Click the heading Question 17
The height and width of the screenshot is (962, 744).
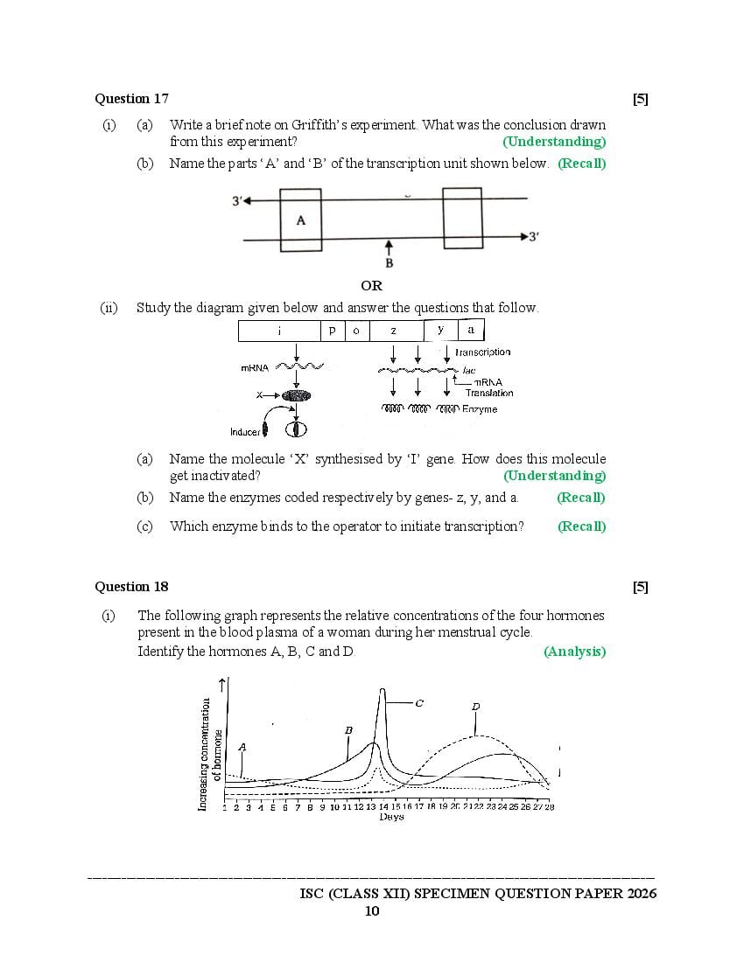click(x=131, y=99)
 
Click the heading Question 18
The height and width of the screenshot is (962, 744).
click(x=131, y=587)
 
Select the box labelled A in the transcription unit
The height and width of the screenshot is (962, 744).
click(x=301, y=220)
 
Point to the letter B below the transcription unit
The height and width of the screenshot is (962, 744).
click(x=390, y=263)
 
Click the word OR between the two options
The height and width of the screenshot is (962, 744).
click(x=371, y=286)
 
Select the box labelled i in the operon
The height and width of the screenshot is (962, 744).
click(x=279, y=331)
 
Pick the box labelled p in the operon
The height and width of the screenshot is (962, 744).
click(x=333, y=331)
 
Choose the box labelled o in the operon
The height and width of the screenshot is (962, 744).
click(x=356, y=331)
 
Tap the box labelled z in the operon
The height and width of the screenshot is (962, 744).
click(x=395, y=331)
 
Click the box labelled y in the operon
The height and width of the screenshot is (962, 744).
click(x=440, y=330)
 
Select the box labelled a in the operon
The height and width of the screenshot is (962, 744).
click(x=471, y=330)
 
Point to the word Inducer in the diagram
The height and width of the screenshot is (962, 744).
click(x=245, y=432)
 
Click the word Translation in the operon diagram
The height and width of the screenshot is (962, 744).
click(x=489, y=394)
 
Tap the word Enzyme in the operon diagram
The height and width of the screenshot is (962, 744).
click(x=480, y=409)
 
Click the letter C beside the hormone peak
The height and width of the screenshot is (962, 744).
click(x=419, y=702)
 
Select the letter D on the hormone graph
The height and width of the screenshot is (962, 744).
click(x=475, y=707)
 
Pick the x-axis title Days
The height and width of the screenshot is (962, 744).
click(x=391, y=817)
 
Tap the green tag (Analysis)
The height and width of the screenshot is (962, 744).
click(x=574, y=652)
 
